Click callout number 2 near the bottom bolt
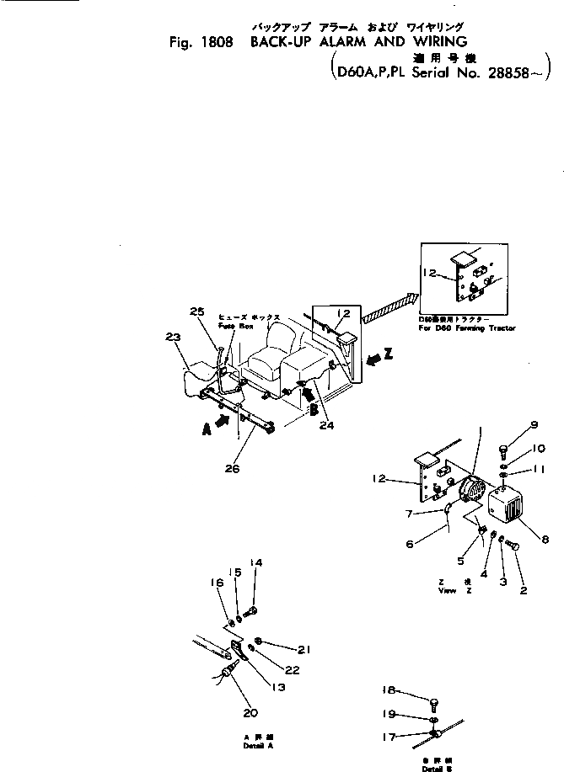pos(524,590)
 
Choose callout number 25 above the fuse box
pos(197,311)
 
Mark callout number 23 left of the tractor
pos(174,337)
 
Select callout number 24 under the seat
pos(326,425)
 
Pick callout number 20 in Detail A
pos(250,712)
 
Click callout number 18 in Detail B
pos(389,689)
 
